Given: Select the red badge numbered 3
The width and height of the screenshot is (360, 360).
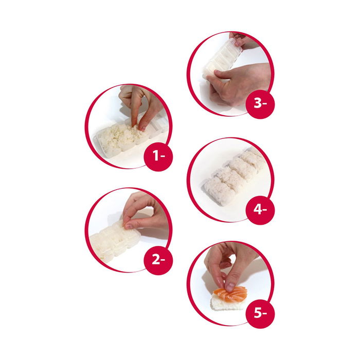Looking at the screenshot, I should pyautogui.click(x=259, y=103).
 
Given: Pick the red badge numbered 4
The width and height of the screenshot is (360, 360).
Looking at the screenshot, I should pyautogui.click(x=260, y=209).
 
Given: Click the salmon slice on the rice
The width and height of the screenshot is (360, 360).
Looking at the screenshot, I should pyautogui.click(x=230, y=294).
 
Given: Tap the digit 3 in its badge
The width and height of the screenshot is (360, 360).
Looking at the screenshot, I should pyautogui.click(x=257, y=103).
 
